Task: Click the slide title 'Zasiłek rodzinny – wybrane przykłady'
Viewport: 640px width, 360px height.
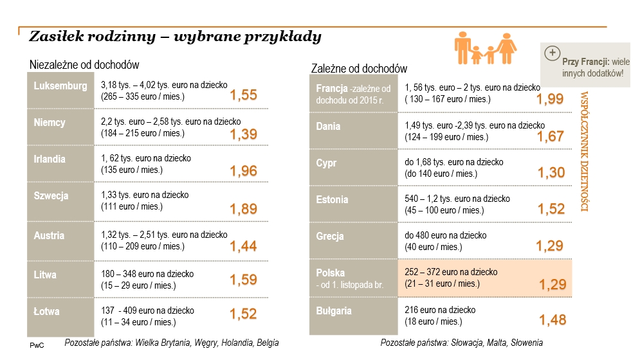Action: click(x=176, y=37)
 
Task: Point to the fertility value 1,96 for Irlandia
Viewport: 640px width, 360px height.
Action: click(x=243, y=171)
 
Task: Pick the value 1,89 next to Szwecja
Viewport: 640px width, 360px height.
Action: click(x=243, y=209)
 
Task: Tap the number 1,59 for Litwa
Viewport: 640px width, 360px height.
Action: click(x=243, y=280)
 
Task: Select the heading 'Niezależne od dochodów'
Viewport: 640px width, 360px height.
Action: click(x=84, y=65)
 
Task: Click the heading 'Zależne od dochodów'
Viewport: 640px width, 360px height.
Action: click(x=359, y=69)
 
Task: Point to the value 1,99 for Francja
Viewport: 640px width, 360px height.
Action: click(x=550, y=99)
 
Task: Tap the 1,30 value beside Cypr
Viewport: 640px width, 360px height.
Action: click(x=551, y=173)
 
